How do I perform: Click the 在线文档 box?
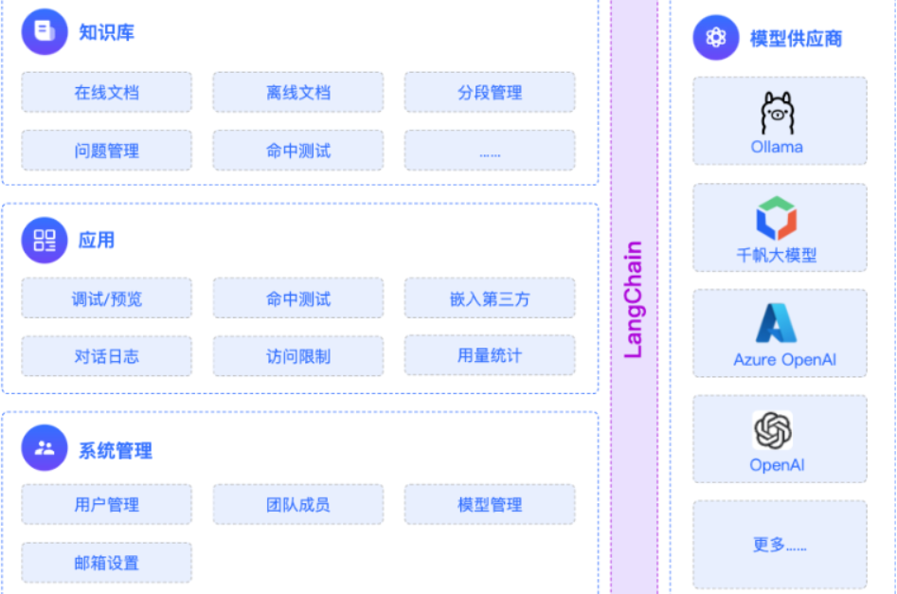coord(106,93)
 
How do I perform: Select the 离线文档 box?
coord(297,93)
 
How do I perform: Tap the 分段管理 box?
coord(489,93)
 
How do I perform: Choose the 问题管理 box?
coord(106,151)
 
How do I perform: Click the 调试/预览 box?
coord(106,298)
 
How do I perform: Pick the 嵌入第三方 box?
coord(489,298)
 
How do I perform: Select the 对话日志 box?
coord(106,356)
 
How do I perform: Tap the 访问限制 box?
coord(297,356)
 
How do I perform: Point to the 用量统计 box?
coord(489,355)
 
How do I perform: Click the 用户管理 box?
coord(106,504)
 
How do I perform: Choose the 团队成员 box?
coord(297,504)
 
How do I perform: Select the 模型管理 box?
coord(489,504)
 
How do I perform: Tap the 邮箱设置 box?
coord(106,563)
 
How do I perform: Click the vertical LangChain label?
coord(634,298)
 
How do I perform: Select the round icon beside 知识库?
coord(45,32)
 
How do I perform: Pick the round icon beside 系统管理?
coord(45,448)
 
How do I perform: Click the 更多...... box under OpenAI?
coord(780,545)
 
